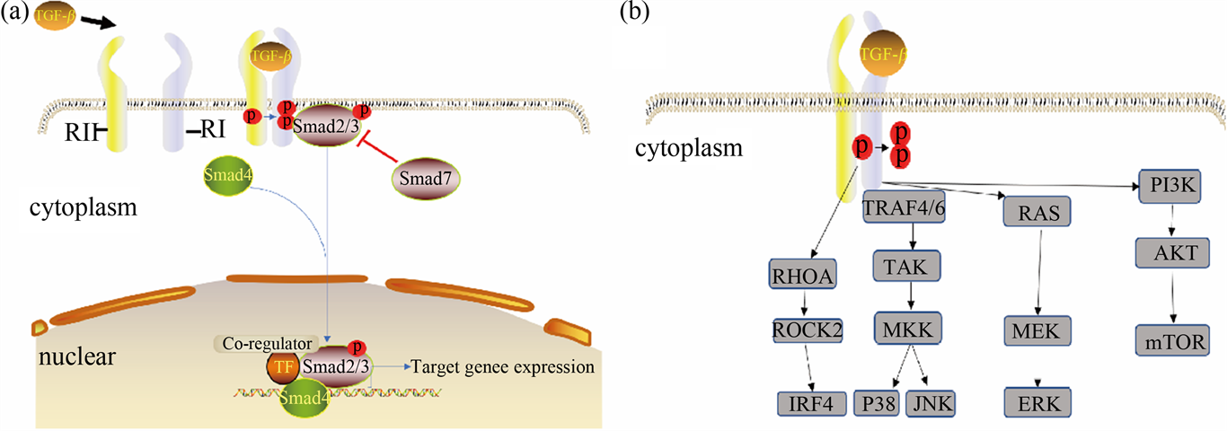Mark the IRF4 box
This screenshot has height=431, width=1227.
(811, 404)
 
